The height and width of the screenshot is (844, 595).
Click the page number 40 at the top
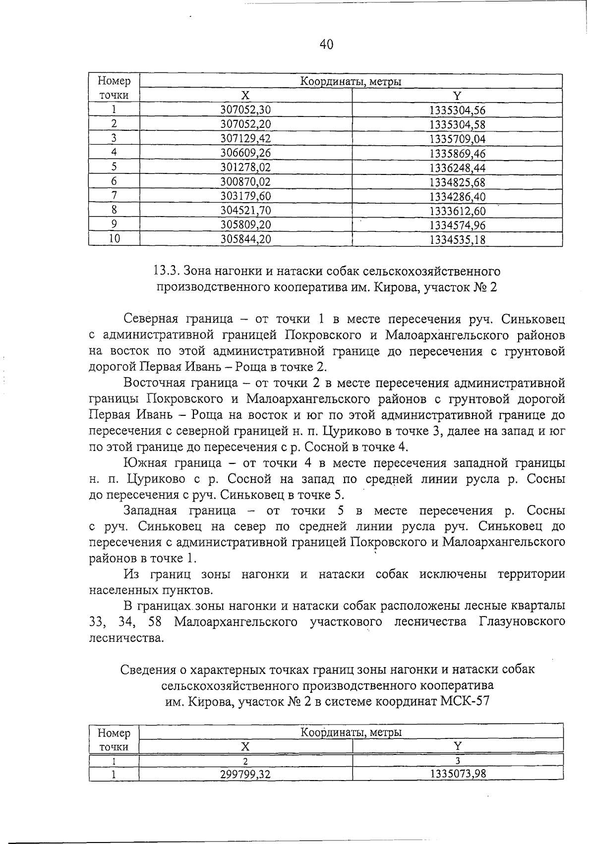[x=326, y=45]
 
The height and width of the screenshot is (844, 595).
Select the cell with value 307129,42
[x=245, y=139]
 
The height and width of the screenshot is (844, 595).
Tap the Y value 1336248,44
[x=457, y=168]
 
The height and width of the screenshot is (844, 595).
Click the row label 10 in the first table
[x=114, y=239]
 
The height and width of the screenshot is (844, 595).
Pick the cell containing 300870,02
[x=245, y=182]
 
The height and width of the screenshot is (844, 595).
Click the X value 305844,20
[x=245, y=240]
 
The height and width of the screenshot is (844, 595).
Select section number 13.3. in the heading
[x=166, y=271]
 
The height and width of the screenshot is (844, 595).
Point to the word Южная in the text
[x=144, y=463]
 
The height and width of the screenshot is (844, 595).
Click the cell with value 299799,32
[x=245, y=774]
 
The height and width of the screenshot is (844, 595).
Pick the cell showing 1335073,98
[x=457, y=774]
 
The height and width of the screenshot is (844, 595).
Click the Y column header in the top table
[x=457, y=96]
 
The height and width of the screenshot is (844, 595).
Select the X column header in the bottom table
[x=245, y=746]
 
